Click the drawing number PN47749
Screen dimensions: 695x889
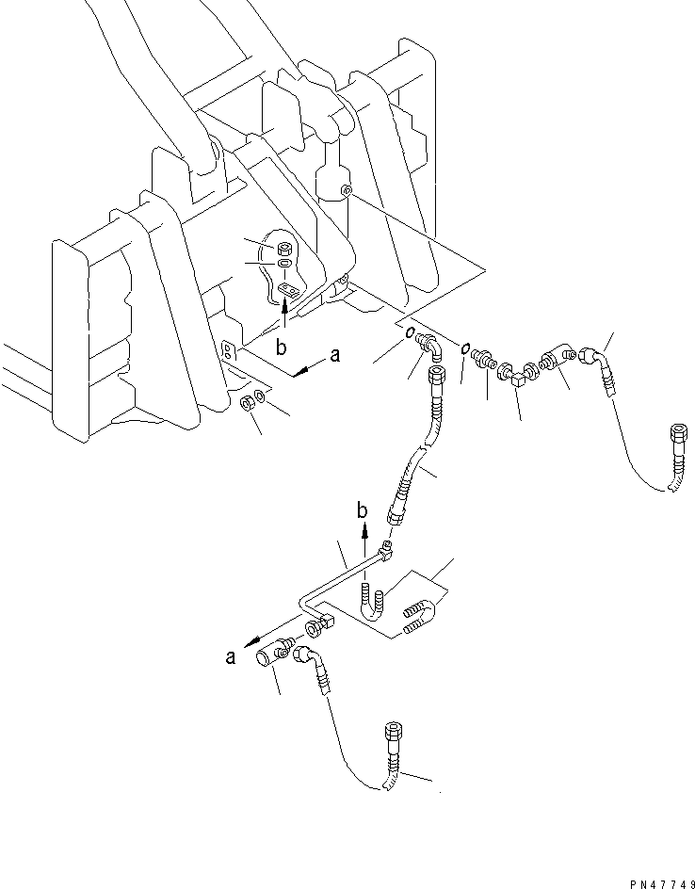661,883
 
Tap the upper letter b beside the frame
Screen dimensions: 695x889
281,348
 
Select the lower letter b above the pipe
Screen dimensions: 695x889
363,510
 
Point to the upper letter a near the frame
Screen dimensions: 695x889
335,356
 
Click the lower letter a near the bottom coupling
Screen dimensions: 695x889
230,657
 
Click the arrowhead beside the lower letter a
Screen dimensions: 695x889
250,642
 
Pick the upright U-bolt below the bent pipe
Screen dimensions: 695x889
372,605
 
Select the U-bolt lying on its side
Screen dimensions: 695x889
419,615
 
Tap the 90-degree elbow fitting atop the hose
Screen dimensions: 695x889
430,346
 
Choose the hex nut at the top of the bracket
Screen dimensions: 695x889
284,249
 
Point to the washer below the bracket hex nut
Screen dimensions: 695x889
284,264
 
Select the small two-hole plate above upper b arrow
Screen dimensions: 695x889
288,291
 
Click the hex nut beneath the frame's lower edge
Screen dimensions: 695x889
247,404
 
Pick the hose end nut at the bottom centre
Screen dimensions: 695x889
393,731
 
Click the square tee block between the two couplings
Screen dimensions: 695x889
518,380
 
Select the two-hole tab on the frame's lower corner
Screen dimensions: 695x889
229,349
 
